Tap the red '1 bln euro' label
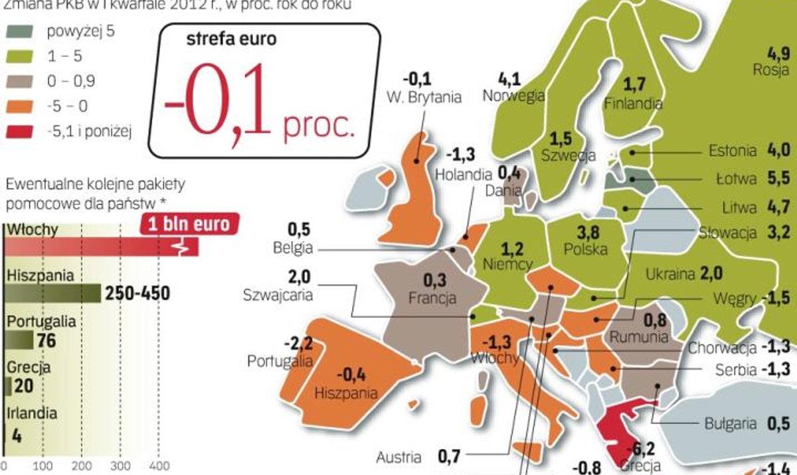[189, 224]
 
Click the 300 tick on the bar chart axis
[120, 464]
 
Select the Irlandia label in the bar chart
[31, 413]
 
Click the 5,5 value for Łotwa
[777, 179]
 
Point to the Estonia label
[733, 151]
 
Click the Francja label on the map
[432, 297]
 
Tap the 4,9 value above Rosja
[778, 53]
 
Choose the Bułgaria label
[730, 423]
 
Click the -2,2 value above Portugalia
[297, 344]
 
